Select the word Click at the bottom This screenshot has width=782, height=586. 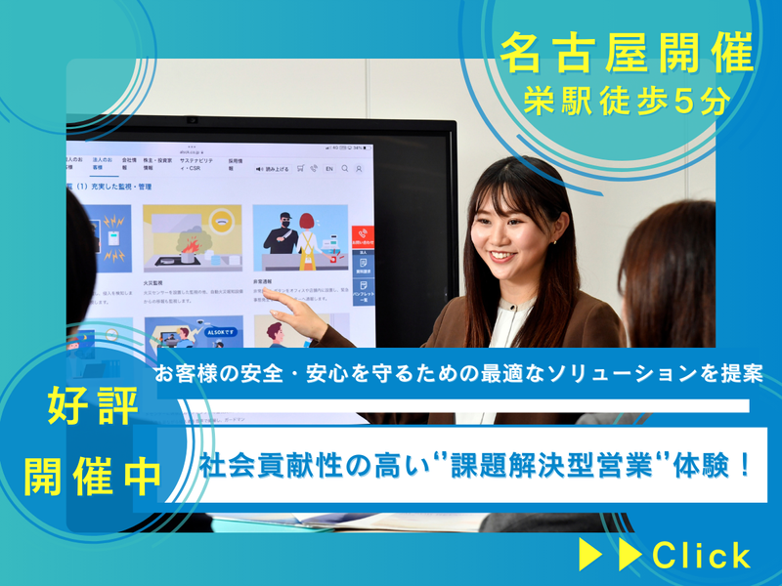coord(702,555)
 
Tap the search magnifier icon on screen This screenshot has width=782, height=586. coord(345,168)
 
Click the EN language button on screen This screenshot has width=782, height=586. coord(329,168)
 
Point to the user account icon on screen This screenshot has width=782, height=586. coord(359,168)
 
